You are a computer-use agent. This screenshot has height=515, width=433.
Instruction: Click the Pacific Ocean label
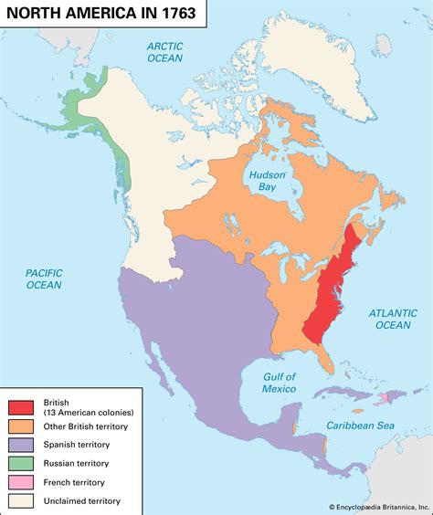pyautogui.click(x=44, y=279)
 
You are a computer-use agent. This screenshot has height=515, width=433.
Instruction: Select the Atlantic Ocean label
pyautogui.click(x=394, y=318)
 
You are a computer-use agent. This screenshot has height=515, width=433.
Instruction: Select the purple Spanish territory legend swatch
pyautogui.click(x=22, y=444)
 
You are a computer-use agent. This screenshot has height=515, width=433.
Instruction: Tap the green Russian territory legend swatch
pyautogui.click(x=22, y=463)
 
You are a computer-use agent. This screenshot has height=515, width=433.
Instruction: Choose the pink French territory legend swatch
pyautogui.click(x=22, y=482)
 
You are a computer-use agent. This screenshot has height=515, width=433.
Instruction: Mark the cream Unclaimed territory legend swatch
pyautogui.click(x=22, y=500)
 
